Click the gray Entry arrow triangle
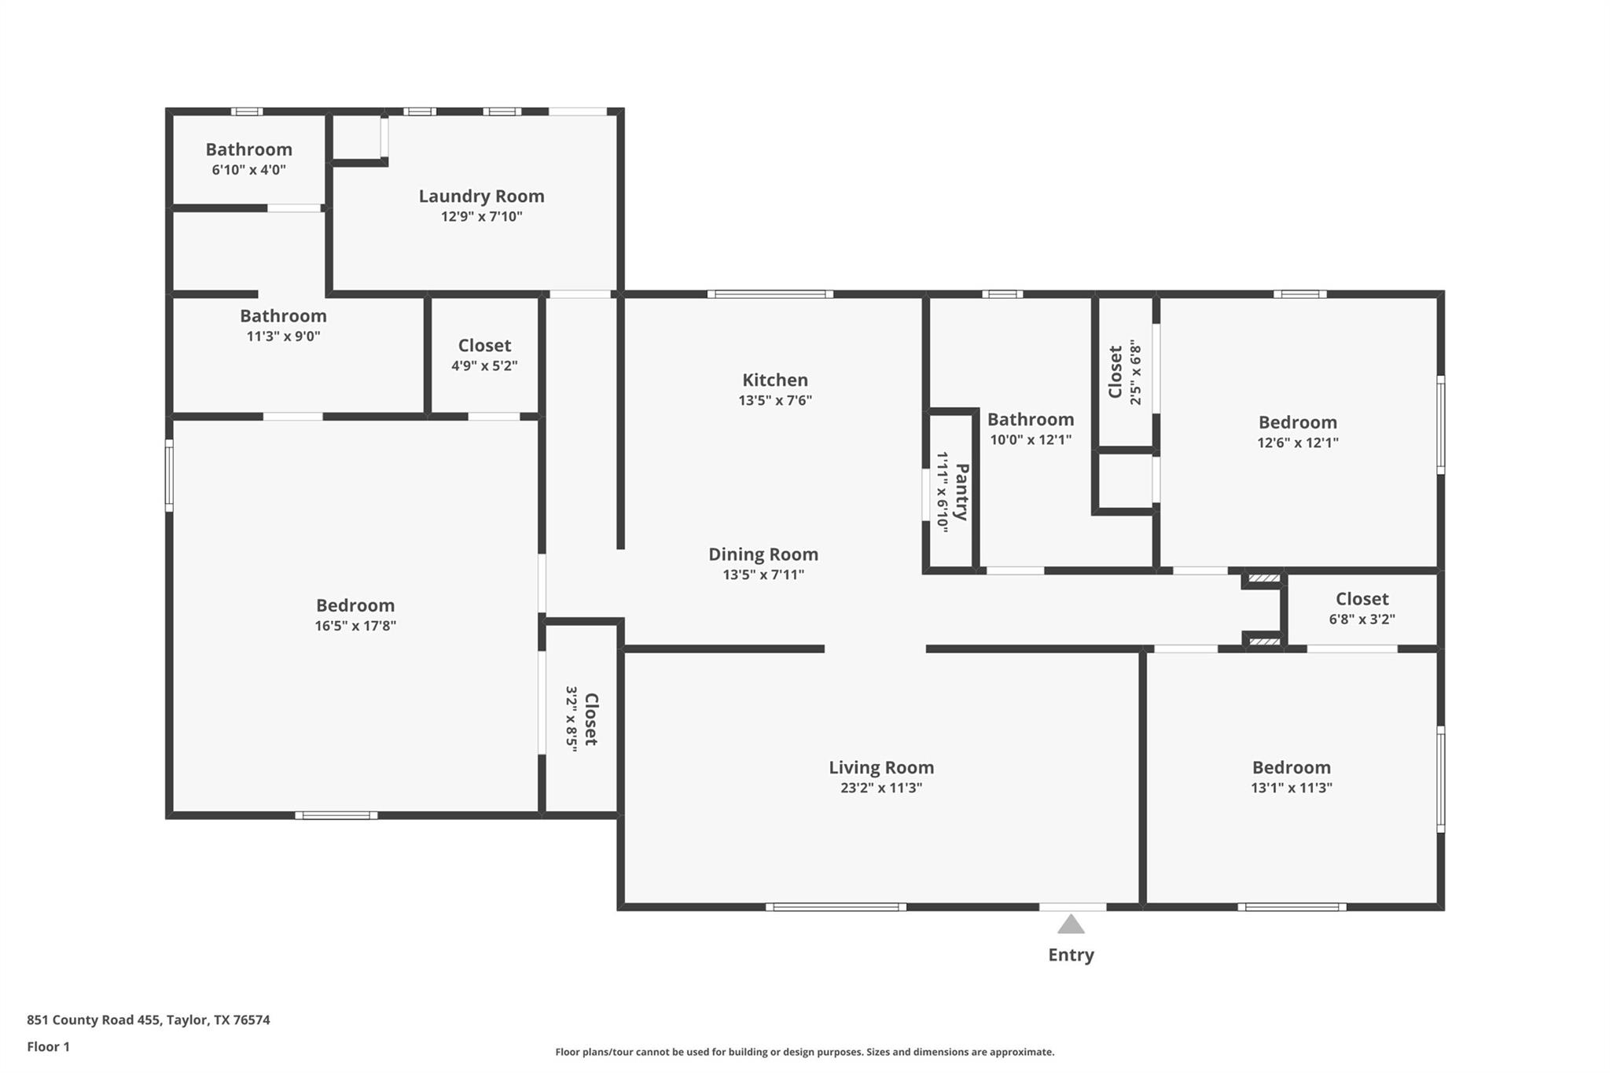tap(1071, 925)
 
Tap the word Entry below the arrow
tap(1071, 955)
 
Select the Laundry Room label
tap(481, 197)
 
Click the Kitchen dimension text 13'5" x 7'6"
tap(774, 400)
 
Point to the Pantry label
tap(961, 492)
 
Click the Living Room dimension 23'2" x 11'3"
tap(880, 788)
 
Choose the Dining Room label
tap(763, 554)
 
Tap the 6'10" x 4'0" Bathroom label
tap(248, 149)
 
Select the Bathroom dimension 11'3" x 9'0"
tap(283, 336)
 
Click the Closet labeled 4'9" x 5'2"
tap(484, 346)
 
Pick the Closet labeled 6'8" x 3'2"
tap(1362, 599)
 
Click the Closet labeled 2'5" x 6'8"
tap(1116, 372)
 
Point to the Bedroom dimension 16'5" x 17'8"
tap(355, 626)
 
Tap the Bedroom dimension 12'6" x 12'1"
tap(1297, 443)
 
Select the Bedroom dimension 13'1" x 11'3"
tap(1291, 788)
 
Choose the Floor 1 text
tap(48, 1046)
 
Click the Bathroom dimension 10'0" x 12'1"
tap(1030, 440)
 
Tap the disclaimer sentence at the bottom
tap(804, 1052)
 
